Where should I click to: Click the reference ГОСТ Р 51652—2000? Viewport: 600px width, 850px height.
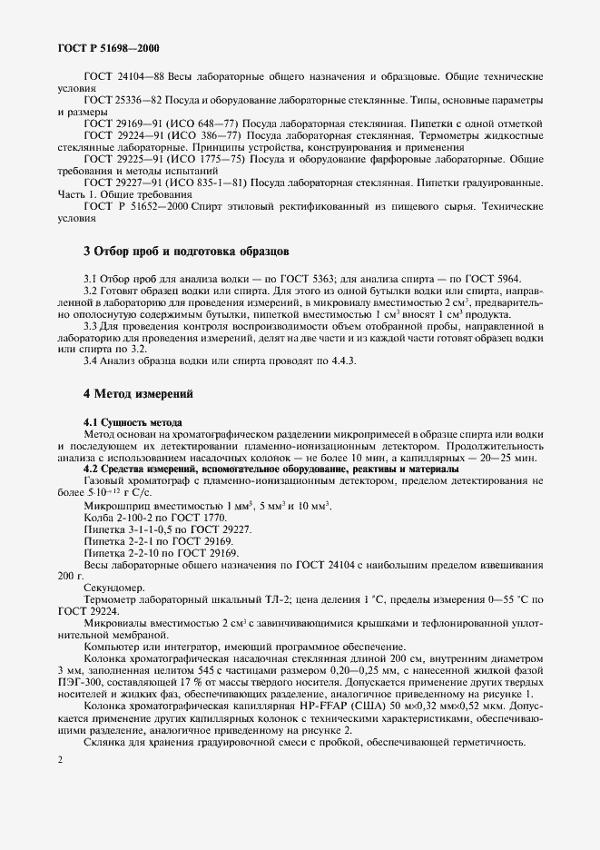coord(135,209)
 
